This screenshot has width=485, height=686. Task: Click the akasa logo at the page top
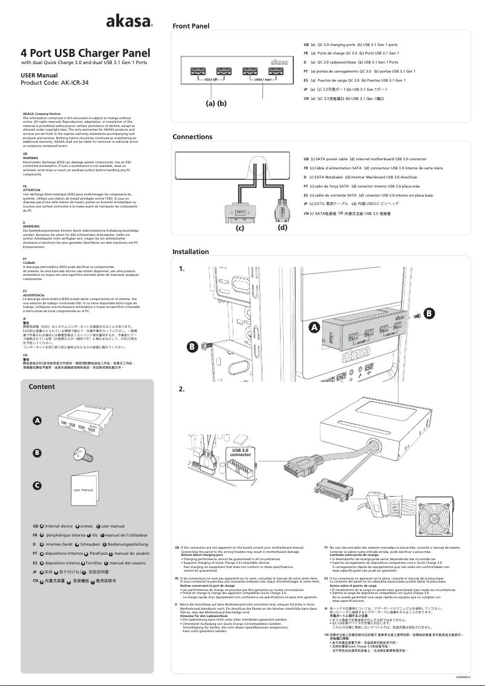coord(129,22)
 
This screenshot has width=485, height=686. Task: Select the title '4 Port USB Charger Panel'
coord(85,53)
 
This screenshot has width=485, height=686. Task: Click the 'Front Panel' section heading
coord(190,27)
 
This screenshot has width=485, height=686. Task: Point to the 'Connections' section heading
coord(192,137)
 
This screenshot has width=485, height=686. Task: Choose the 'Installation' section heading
coord(190,252)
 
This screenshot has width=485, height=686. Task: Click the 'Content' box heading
coord(42,387)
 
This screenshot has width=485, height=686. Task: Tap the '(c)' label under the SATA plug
coord(239,229)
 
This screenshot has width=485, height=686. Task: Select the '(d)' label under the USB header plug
coord(282,229)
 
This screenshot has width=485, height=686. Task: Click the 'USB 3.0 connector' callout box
coord(241,452)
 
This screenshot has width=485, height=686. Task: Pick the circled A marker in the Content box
coord(37,420)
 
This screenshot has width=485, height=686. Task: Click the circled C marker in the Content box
coord(37,485)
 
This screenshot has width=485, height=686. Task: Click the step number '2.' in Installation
coord(181,389)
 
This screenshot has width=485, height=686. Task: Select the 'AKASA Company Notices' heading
coord(41,114)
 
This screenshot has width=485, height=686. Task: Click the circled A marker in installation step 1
coord(313,327)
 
